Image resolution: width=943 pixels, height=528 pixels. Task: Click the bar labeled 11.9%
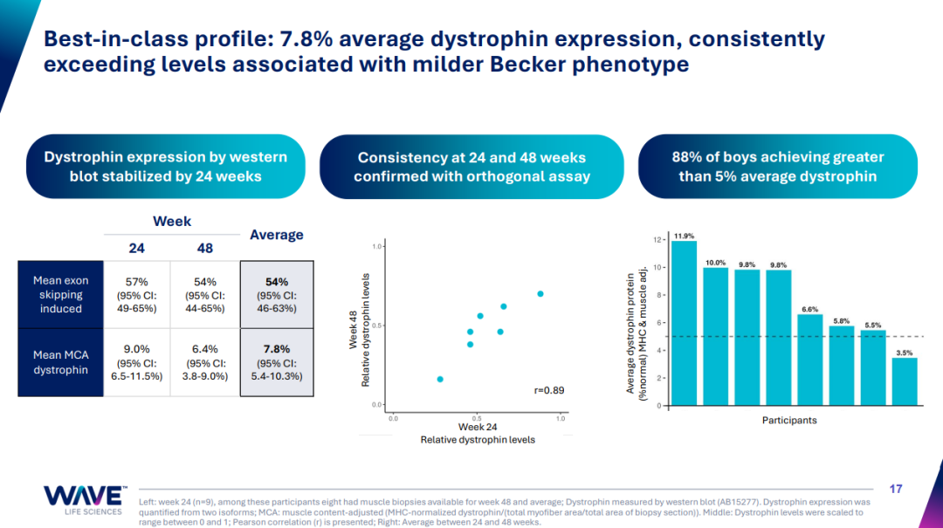684,323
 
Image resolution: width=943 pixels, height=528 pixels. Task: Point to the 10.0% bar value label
716,262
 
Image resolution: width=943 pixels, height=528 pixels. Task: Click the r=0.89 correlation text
548,390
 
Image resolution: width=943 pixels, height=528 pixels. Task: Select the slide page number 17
895,489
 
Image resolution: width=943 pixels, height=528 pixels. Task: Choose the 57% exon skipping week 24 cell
137,295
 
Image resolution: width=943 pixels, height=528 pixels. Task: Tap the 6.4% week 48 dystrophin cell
205,363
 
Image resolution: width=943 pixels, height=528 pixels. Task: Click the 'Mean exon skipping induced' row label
60,295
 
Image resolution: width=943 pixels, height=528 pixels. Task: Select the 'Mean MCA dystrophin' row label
60,363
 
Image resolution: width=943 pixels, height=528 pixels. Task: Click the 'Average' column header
276,234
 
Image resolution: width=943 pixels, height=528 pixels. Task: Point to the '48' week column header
205,248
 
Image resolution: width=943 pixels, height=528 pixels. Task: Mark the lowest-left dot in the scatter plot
440,379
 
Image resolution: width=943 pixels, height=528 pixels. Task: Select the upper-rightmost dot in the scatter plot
540,294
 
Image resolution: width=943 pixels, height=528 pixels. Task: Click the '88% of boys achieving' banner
778,167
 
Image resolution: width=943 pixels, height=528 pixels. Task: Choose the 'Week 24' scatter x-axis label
478,426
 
